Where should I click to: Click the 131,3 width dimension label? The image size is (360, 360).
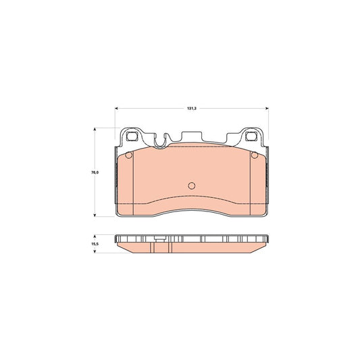191,108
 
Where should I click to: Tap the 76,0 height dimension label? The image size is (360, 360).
95,172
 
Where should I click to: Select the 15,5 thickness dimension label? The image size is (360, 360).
95,244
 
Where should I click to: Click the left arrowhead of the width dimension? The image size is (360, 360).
116,108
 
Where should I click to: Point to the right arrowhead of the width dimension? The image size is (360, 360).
267,108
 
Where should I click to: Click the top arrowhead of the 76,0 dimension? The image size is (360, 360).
95,130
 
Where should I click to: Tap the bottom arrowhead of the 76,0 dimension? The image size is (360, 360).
95,215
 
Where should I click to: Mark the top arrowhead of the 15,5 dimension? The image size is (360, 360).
95,236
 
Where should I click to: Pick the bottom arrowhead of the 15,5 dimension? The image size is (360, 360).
95,251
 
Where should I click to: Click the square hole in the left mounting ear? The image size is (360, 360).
132,136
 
